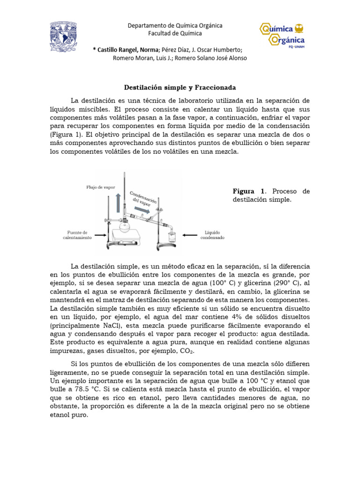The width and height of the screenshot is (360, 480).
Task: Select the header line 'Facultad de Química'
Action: (x=175, y=33)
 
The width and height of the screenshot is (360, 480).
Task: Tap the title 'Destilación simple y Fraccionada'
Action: (x=180, y=88)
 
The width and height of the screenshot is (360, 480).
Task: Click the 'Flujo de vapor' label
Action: (x=100, y=187)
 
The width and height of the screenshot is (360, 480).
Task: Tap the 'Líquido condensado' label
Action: (x=212, y=234)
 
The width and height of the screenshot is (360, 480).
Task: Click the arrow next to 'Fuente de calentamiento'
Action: (x=100, y=234)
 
